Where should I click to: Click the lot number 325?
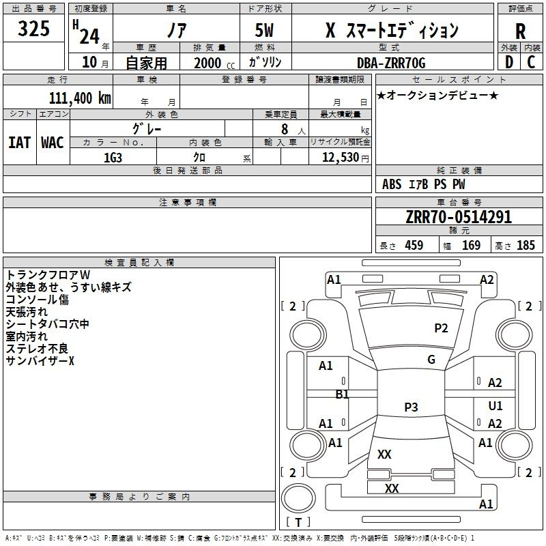coord(33,28)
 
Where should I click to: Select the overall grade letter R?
coord(520,31)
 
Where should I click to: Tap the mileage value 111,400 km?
coord(80,98)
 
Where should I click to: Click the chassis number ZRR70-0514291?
coord(459,217)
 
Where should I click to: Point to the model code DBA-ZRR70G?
coord(391,63)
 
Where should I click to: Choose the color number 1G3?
coord(113,158)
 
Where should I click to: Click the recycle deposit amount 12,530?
coord(340,158)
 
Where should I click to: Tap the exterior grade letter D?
coord(509,62)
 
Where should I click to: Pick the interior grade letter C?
coord(531,62)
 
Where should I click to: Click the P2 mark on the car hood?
coord(441,328)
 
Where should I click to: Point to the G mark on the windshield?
coord(431,360)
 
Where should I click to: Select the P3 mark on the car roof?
coord(411,407)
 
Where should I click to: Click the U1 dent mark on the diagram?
coord(495,405)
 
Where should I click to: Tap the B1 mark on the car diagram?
coord(342,394)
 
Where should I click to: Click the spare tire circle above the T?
coord(298,498)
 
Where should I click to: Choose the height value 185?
coord(526,245)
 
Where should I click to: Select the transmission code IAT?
coord(20,143)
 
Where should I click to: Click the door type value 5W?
coord(264,30)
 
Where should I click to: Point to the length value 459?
coord(414,245)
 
